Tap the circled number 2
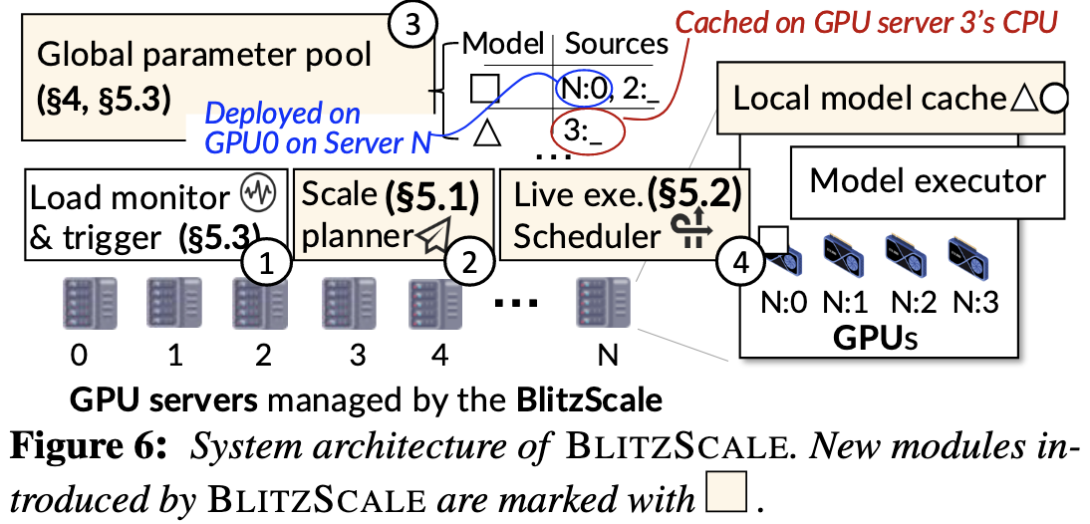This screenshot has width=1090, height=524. tap(466, 263)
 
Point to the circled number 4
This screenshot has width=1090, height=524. tap(738, 263)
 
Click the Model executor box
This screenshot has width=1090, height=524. tap(928, 182)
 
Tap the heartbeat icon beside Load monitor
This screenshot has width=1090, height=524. tap(259, 195)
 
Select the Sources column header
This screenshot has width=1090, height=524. tap(617, 43)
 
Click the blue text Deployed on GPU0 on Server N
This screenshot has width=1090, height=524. tap(309, 129)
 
